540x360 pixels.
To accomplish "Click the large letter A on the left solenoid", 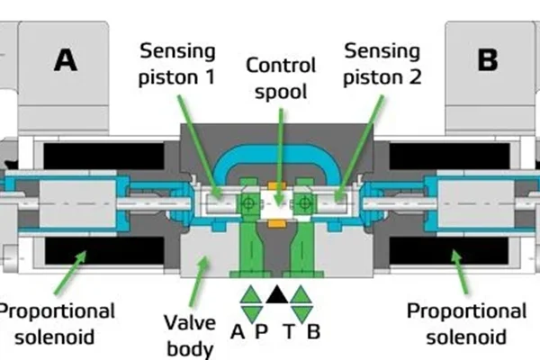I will click(x=65, y=59).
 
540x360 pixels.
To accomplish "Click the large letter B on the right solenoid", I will click(x=487, y=59).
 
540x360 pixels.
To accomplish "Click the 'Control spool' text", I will click(x=282, y=77).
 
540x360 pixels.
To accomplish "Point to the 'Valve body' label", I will click(x=191, y=335).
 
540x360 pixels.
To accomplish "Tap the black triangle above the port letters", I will click(x=275, y=293).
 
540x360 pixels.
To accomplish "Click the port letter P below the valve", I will click(x=261, y=331).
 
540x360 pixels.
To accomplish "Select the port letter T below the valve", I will click(x=289, y=331).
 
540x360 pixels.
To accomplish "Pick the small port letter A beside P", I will click(x=238, y=331).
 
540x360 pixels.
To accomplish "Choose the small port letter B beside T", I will click(x=312, y=331).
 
